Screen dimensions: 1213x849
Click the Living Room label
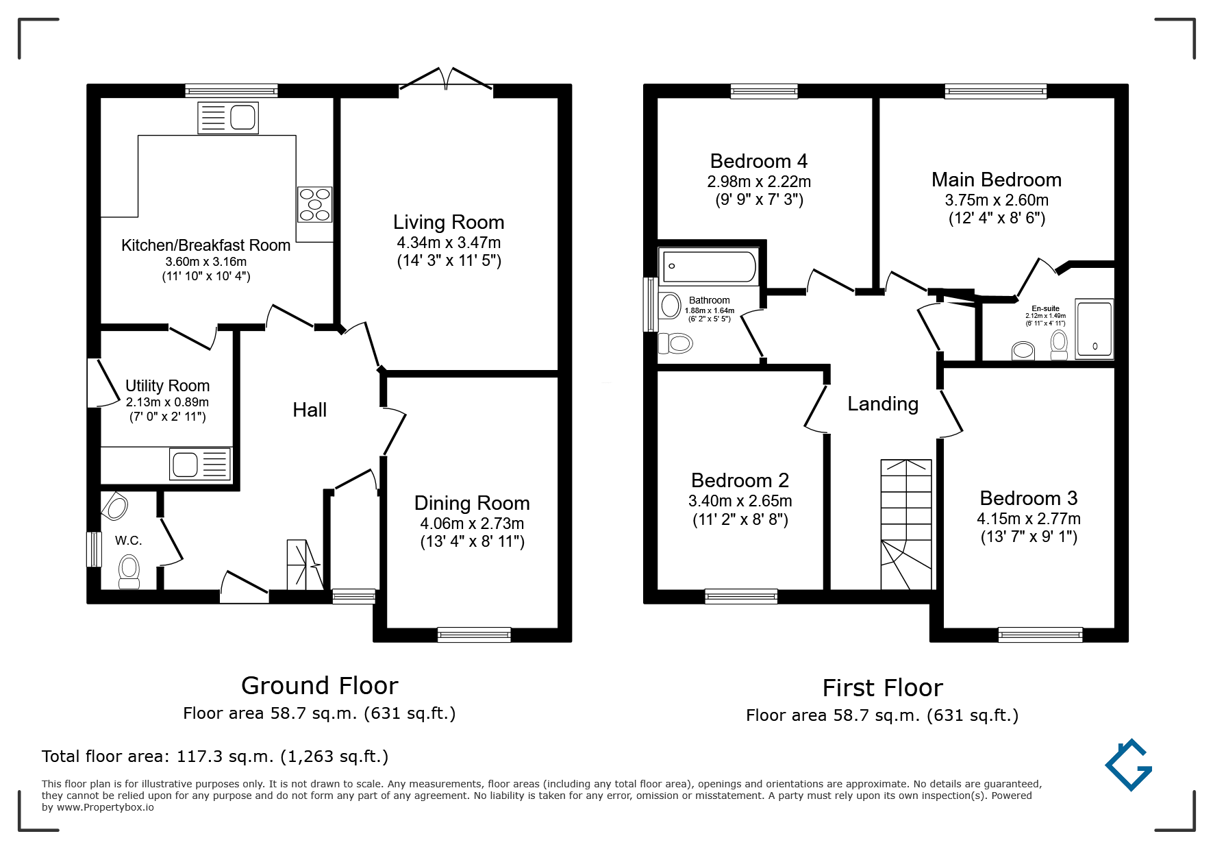(449, 222)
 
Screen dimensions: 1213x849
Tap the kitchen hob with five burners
(314, 204)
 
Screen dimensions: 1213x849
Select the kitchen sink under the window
(228, 118)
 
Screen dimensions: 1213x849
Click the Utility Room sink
(200, 465)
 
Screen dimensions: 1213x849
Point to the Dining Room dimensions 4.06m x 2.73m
(472, 524)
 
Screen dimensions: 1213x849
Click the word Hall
(310, 410)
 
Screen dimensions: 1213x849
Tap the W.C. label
(129, 541)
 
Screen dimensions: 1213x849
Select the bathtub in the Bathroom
(708, 266)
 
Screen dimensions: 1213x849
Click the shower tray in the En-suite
(1095, 329)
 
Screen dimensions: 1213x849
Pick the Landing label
(883, 404)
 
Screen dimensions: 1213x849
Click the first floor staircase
(906, 524)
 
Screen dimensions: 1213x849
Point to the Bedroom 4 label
(759, 161)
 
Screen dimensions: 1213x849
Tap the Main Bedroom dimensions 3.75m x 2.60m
(997, 200)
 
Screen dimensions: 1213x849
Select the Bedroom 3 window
(1040, 635)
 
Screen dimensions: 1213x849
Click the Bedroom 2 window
(741, 596)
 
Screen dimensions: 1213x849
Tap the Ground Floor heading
(320, 685)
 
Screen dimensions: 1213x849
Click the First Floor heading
(883, 687)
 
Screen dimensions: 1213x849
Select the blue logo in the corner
(1129, 765)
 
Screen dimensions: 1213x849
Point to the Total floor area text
(215, 756)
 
